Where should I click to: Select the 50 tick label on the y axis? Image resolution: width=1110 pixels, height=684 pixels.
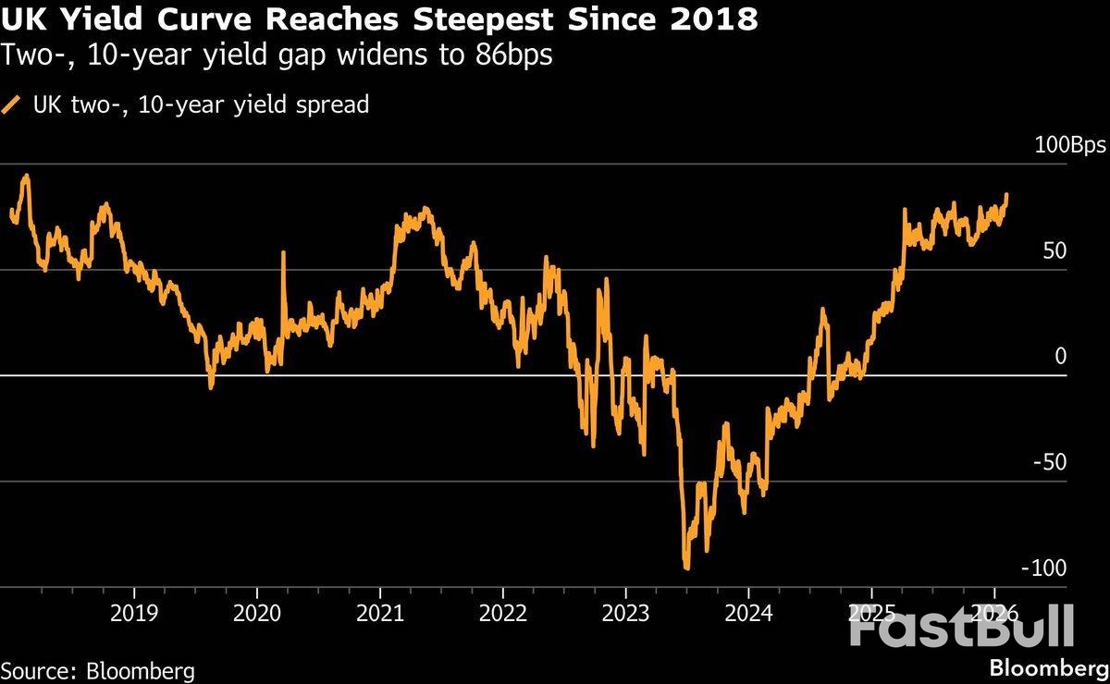pos(1080,251)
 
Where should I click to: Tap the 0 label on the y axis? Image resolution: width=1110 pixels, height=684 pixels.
pos(1086,357)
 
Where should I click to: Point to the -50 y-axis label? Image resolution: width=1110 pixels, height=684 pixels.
pos(1077,462)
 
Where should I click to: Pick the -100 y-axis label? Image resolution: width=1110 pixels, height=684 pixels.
pos(1072,568)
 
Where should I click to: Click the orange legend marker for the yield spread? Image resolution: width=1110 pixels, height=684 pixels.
pos(12,105)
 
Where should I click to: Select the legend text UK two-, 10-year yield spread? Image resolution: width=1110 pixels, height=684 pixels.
pos(201,104)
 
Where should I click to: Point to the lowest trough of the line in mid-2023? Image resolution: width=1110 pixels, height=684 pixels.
pos(686,568)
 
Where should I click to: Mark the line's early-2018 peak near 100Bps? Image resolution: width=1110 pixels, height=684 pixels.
pos(25,175)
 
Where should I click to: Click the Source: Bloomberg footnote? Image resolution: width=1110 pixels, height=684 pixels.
pos(98,669)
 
